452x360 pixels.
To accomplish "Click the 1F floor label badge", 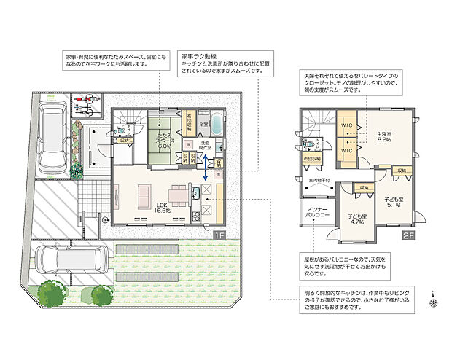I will (217, 235).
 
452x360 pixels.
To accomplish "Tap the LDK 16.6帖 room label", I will (162, 208).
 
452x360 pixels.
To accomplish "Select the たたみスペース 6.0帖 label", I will (162, 141).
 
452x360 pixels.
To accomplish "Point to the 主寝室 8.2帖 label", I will (386, 138).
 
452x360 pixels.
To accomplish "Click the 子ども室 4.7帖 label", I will (356, 219).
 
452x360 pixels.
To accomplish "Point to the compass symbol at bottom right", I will (434, 300).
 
